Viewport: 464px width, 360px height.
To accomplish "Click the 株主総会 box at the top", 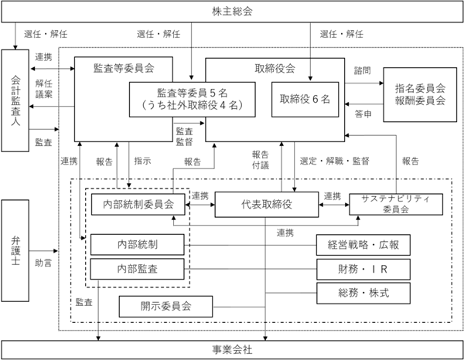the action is (x=232, y=12).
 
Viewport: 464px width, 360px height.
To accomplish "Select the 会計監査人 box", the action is (x=15, y=100).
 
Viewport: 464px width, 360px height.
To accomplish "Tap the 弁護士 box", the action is (x=15, y=250).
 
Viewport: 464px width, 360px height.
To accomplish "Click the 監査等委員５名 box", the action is (x=193, y=100).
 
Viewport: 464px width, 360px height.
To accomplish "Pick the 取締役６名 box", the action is (x=305, y=100).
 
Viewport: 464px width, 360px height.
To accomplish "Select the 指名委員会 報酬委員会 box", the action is (x=420, y=94).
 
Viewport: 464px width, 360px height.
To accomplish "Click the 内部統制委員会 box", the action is (x=138, y=204).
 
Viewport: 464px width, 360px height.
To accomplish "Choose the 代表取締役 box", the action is (x=267, y=204).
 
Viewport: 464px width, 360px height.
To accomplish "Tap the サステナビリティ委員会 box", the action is (x=396, y=204).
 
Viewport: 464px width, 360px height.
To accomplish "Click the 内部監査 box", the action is (x=138, y=269).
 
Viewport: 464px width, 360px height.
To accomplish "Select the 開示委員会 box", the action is (x=165, y=307).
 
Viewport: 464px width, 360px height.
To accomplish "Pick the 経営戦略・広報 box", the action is (x=363, y=245).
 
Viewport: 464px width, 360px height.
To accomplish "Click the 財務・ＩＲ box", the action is (x=363, y=270).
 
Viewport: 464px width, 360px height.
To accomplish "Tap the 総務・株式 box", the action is (x=363, y=294).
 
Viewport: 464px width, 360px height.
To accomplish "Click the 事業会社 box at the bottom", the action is (x=232, y=350).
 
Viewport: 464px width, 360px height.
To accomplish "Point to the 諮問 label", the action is (x=363, y=70).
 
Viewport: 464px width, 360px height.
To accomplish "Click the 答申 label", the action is (x=363, y=114).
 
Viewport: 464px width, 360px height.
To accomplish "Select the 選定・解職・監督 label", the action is (x=334, y=161).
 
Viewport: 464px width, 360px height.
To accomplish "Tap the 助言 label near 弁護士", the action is (x=43, y=263).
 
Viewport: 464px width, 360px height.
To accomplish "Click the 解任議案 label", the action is (x=44, y=89).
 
